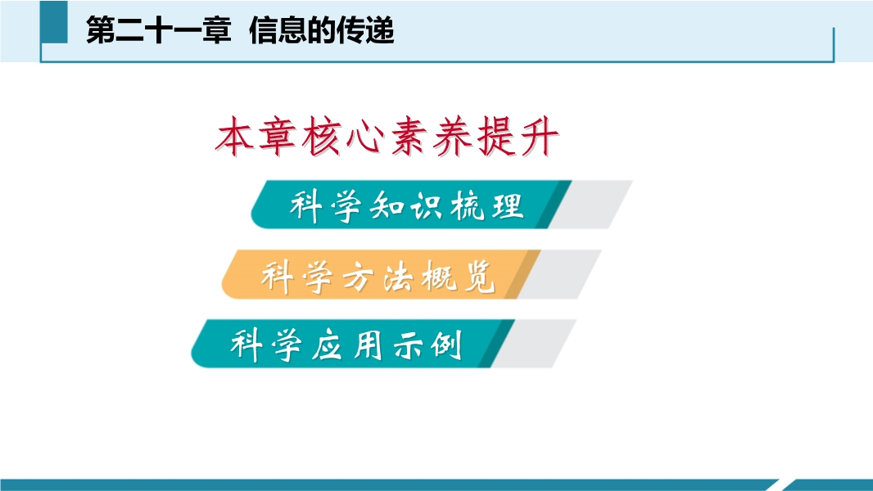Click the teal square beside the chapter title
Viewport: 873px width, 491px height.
pyautogui.click(x=54, y=22)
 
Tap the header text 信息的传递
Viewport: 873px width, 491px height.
pyautogui.click(x=322, y=30)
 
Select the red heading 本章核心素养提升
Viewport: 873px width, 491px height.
pyautogui.click(x=387, y=136)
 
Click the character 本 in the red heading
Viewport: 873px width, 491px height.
pyautogui.click(x=236, y=136)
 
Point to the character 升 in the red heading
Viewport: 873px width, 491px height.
pyautogui.click(x=538, y=136)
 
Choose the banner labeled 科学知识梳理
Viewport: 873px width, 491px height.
pyautogui.click(x=411, y=205)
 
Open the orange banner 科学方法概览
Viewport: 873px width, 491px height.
pyautogui.click(x=381, y=274)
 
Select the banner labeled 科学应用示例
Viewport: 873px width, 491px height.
pyautogui.click(x=352, y=344)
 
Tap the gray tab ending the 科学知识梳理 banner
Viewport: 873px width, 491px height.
pyautogui.click(x=591, y=205)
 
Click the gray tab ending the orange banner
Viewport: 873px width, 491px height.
pyautogui.click(x=559, y=274)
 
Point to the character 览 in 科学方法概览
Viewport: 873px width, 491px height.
pyautogui.click(x=478, y=276)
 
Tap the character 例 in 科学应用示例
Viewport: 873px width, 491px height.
pyautogui.click(x=446, y=345)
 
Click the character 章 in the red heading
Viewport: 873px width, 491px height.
pyautogui.click(x=278, y=136)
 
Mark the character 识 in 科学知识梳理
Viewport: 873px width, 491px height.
pyautogui.click(x=427, y=206)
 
